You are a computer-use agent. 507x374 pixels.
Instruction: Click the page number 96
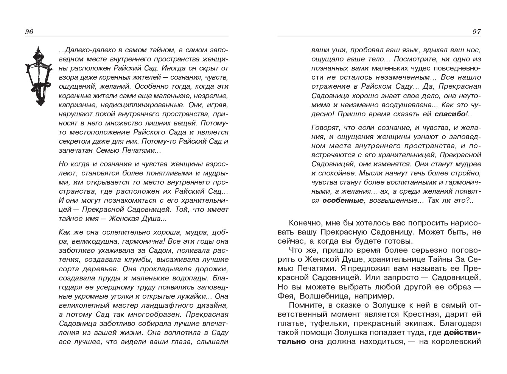coord(29,32)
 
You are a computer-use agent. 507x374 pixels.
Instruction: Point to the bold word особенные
coord(342,200)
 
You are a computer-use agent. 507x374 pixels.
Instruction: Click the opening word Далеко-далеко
coord(83,50)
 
